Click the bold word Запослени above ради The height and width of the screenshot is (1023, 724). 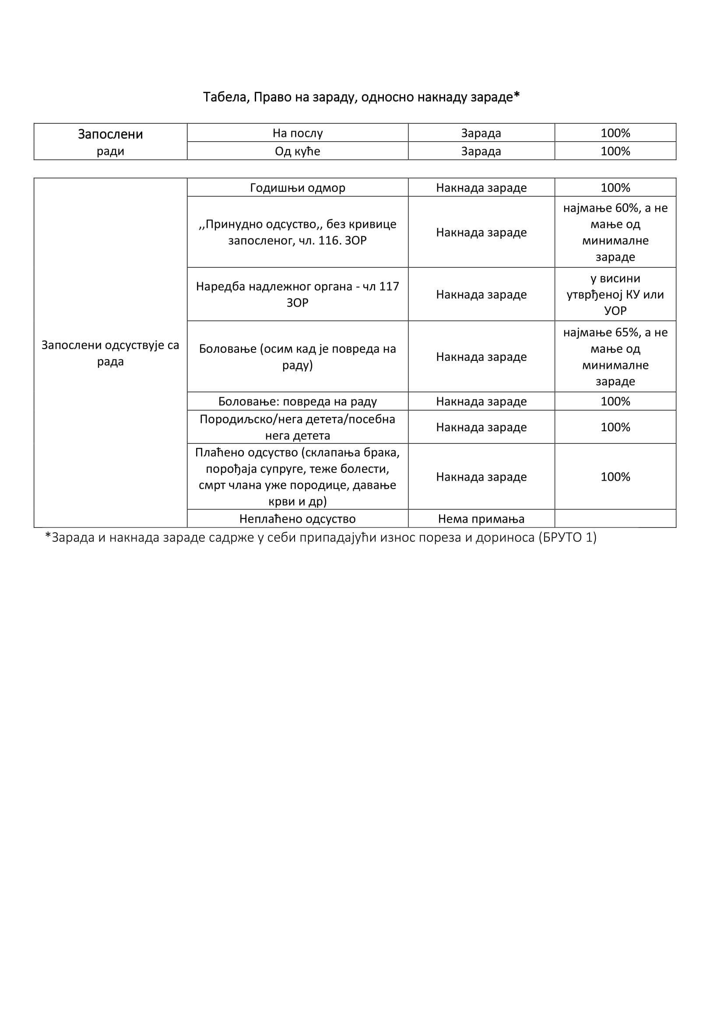tap(110, 134)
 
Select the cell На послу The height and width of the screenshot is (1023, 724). tap(297, 133)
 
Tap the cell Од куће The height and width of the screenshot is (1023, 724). tap(297, 151)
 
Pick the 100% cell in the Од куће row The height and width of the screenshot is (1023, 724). tap(615, 151)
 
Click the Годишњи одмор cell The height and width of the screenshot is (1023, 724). tap(297, 188)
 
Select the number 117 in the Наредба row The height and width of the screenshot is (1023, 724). tap(389, 286)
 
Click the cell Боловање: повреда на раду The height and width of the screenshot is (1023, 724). tap(297, 402)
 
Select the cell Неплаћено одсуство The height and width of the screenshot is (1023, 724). tap(297, 519)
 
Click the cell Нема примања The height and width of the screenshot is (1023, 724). tap(481, 519)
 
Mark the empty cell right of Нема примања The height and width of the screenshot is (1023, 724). tap(615, 519)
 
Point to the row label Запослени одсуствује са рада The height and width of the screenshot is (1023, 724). tap(110, 353)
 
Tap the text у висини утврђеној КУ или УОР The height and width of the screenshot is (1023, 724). tap(615, 294)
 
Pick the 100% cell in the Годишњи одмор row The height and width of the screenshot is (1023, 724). tap(615, 188)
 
